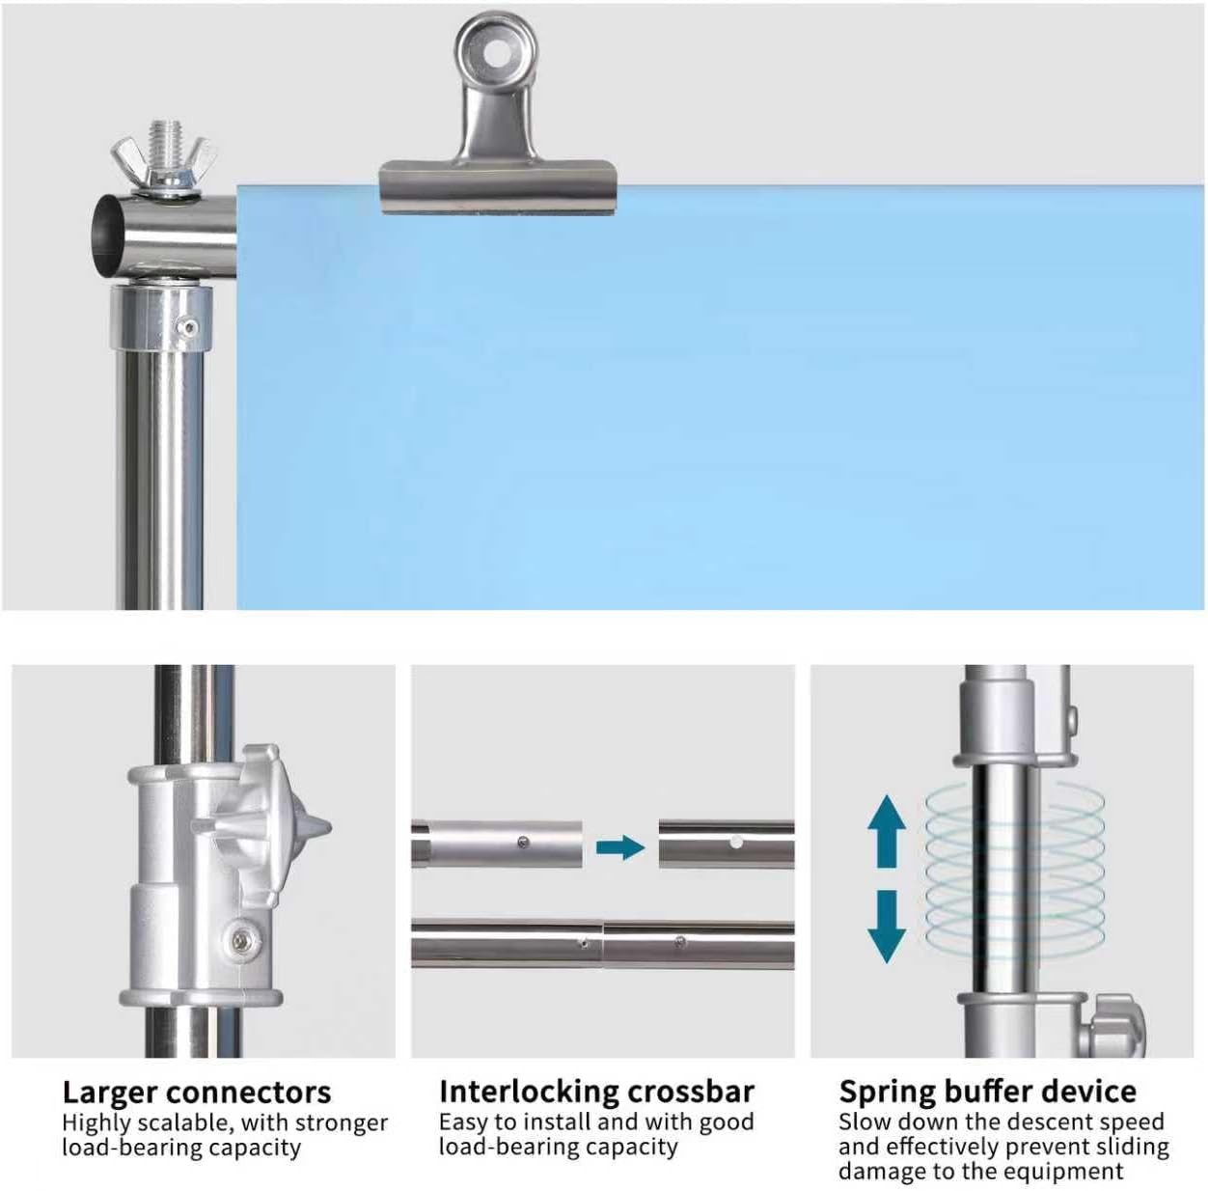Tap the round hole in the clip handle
click(497, 55)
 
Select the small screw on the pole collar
click(187, 327)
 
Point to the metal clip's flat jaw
click(499, 187)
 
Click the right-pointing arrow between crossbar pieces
click(620, 848)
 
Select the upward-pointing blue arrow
click(887, 830)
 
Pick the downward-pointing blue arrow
click(887, 927)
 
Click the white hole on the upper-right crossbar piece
click(736, 843)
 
